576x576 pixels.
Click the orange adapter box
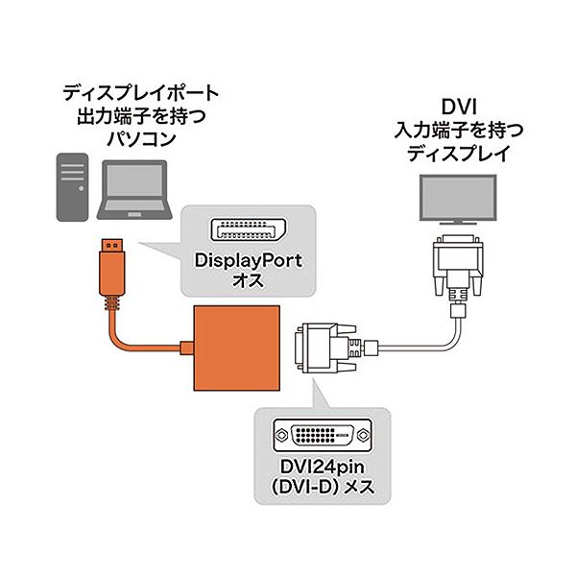pos(237,348)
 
